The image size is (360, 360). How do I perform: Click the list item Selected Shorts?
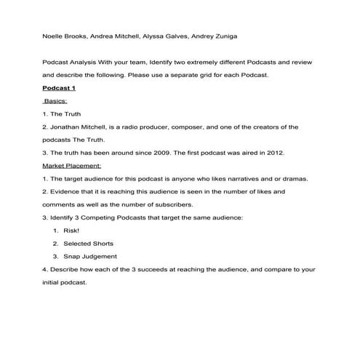tap(88, 243)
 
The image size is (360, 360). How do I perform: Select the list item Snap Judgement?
tap(89, 256)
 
